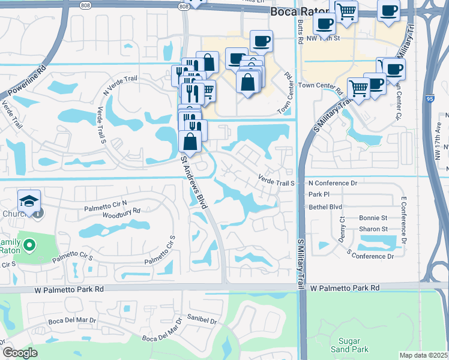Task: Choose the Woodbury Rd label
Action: click(x=121, y=211)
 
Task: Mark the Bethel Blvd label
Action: click(x=325, y=206)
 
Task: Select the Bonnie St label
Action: click(x=373, y=218)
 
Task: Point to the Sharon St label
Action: click(x=373, y=229)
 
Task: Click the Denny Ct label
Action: click(x=342, y=227)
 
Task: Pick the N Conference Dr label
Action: click(x=333, y=182)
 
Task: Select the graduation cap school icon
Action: click(x=28, y=200)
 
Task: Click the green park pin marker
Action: click(x=31, y=245)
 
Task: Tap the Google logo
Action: click(x=20, y=353)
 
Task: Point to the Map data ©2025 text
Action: click(x=424, y=355)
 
